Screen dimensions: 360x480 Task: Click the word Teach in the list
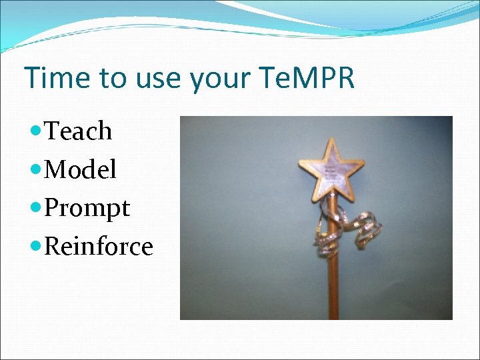tap(78, 131)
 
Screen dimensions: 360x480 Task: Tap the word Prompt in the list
tap(87, 209)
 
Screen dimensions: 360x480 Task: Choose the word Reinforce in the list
tap(99, 247)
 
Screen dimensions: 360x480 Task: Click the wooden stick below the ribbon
tap(331, 287)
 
